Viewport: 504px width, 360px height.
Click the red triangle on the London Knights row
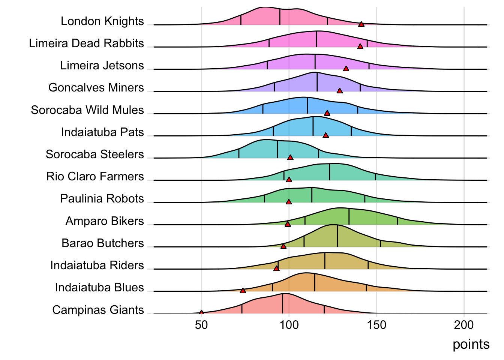(x=361, y=24)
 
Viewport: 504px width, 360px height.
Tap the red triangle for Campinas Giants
(x=201, y=312)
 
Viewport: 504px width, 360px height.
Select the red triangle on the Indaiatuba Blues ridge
(x=243, y=291)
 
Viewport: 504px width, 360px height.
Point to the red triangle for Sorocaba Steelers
(x=290, y=157)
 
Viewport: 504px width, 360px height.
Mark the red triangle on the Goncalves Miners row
(x=339, y=91)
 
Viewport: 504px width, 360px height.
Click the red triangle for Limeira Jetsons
(x=346, y=69)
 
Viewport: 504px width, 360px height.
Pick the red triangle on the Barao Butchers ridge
(x=283, y=246)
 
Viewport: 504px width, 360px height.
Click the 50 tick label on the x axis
(x=201, y=325)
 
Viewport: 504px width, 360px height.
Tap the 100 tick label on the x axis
(x=289, y=325)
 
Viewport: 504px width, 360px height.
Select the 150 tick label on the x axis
(x=376, y=325)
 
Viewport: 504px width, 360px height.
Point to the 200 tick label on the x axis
(x=464, y=325)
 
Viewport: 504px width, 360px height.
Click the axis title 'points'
(x=471, y=344)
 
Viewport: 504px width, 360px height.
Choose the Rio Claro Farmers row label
(x=95, y=176)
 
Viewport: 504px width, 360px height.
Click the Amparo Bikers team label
(x=105, y=221)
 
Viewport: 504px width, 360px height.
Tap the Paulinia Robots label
(x=102, y=198)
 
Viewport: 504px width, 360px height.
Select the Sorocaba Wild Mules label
(x=87, y=110)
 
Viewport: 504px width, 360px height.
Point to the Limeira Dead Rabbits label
(x=86, y=43)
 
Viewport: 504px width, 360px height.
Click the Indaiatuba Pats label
(x=102, y=132)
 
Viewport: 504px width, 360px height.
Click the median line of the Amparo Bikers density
(x=349, y=217)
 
